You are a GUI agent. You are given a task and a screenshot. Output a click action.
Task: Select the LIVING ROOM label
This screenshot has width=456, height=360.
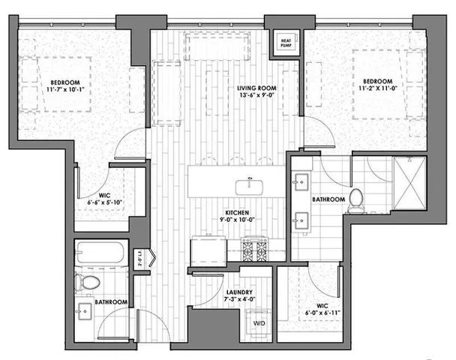pyautogui.click(x=252, y=87)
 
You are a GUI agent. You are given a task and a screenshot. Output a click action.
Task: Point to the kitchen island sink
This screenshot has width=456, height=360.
pyautogui.click(x=246, y=184)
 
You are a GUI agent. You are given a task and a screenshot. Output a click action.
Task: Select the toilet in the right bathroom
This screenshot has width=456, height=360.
pyautogui.click(x=357, y=198)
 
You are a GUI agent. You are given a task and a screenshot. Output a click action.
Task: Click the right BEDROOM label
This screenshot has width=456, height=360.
pyautogui.click(x=376, y=81)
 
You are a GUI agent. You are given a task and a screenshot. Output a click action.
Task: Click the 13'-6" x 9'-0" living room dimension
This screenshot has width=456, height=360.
pyautogui.click(x=252, y=95)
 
